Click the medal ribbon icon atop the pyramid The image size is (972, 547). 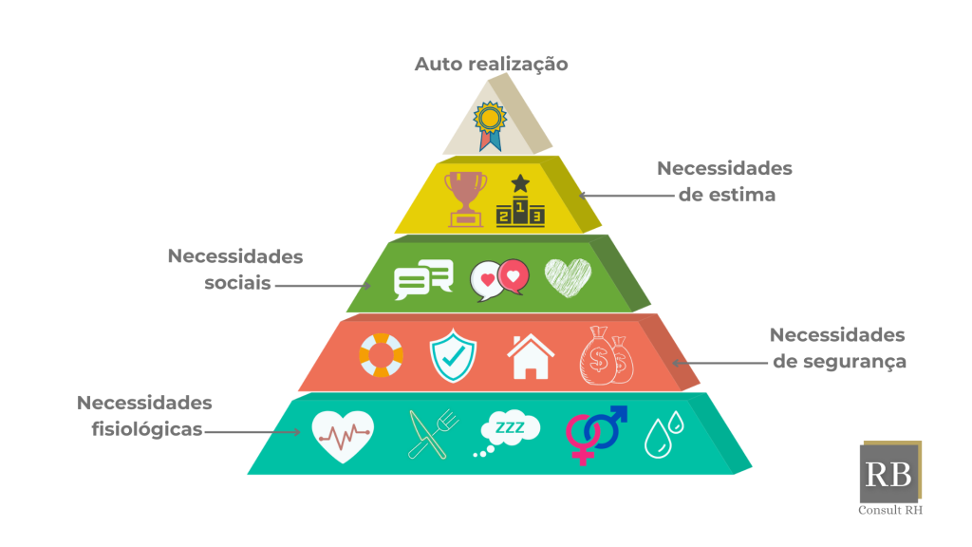pos(490,125)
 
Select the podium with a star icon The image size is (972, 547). pos(519,200)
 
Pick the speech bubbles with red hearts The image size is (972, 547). pos(498,279)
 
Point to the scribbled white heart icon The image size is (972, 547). pos(568,277)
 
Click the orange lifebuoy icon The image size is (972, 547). pos(381,355)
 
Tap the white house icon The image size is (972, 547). pos(531,357)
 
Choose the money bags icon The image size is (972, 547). pos(607,355)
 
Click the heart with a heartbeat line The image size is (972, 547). pos(342,435)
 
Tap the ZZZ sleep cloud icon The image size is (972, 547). pos(507,432)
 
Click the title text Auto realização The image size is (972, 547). pos(491,65)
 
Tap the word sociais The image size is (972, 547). pos(238,283)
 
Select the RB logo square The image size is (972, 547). pos(889,473)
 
